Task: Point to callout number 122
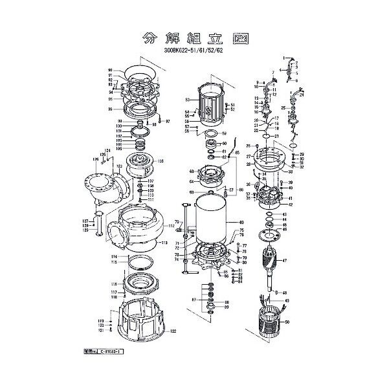[173, 331]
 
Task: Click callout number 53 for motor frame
[187, 100]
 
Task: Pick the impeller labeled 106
[141, 166]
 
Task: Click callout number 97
[167, 122]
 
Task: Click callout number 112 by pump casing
[172, 226]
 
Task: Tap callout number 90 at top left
[111, 70]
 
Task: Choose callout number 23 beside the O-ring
[277, 137]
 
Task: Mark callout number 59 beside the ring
[225, 134]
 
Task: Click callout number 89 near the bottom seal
[226, 307]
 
